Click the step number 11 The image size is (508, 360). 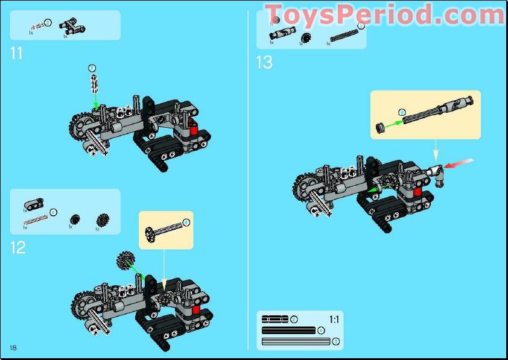[x=16, y=53]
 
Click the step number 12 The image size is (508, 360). [x=18, y=247]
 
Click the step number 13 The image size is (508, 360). [x=264, y=62]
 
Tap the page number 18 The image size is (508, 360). [x=13, y=348]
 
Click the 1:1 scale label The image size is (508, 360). [x=334, y=319]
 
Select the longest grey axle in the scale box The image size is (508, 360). [x=296, y=342]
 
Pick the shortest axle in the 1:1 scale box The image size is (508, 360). [x=275, y=319]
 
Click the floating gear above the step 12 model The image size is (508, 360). [x=125, y=261]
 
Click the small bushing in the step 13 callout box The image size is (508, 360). [x=381, y=126]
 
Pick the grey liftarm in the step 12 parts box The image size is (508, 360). [x=33, y=203]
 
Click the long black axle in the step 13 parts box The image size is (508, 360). [x=343, y=36]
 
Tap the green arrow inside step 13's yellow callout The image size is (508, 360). [x=393, y=122]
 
